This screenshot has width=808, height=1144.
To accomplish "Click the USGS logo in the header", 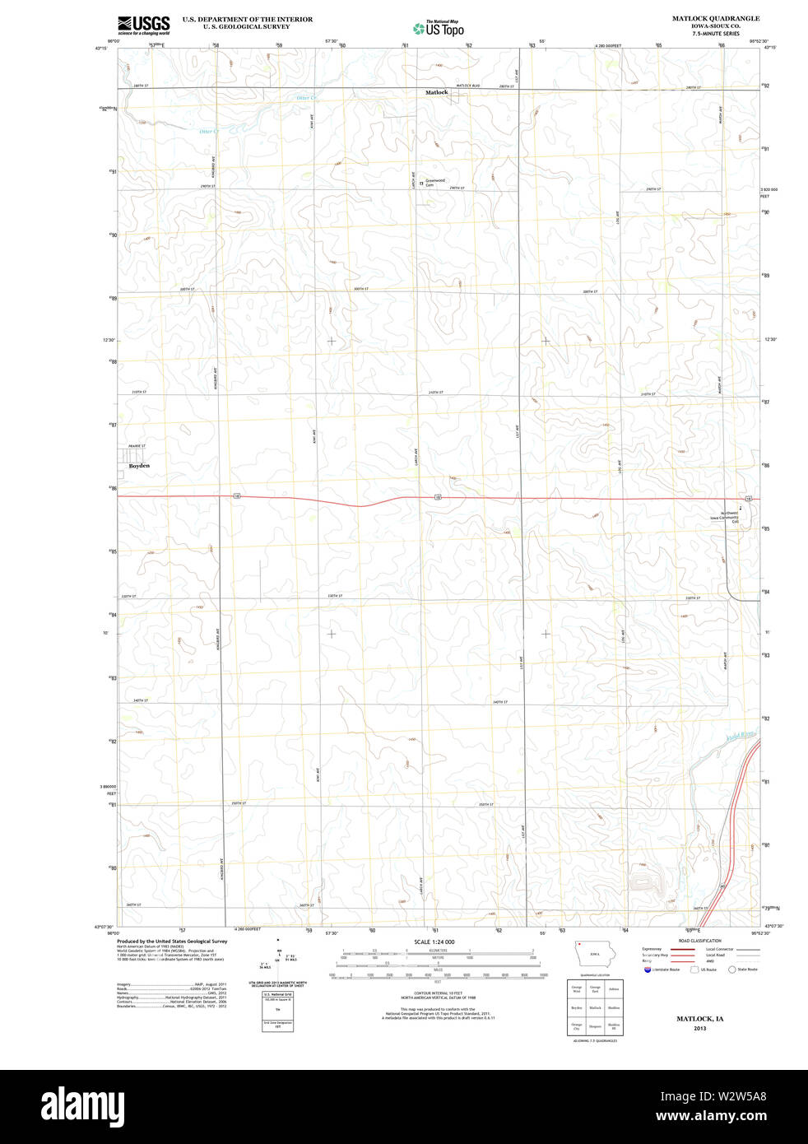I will [x=143, y=25].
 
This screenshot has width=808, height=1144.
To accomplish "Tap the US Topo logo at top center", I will [x=439, y=28].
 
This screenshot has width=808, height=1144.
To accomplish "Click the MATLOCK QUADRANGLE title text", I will [x=715, y=18].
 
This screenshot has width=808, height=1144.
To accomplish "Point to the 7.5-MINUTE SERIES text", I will [x=715, y=34].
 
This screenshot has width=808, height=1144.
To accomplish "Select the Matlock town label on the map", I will [x=437, y=92].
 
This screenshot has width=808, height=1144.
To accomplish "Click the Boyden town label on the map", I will [x=139, y=466].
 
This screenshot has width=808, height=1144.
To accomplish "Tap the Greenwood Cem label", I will [x=434, y=182].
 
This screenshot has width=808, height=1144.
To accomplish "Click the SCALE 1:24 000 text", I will [x=434, y=942].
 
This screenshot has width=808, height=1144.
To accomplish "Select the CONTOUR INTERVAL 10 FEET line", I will [x=434, y=993].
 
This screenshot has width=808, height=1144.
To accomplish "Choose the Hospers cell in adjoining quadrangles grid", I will [x=595, y=1026].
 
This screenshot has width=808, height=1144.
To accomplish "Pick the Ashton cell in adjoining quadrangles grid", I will [x=614, y=988].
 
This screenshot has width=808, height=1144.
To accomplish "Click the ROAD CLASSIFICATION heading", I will [x=699, y=941].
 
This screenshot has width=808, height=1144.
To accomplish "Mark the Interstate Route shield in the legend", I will [x=648, y=970].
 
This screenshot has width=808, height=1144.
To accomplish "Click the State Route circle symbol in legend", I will [x=731, y=970].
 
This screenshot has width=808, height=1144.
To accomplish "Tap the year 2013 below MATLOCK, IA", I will [x=699, y=1028].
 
